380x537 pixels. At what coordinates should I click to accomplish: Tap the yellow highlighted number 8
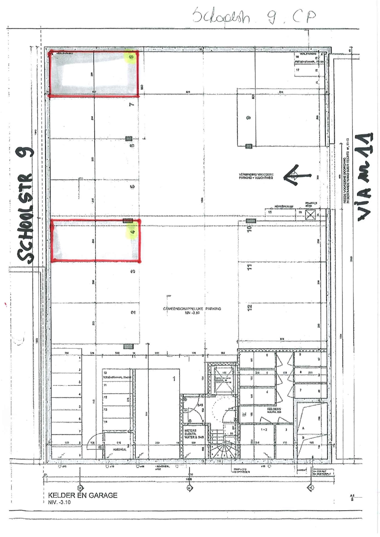pyautogui.click(x=131, y=57)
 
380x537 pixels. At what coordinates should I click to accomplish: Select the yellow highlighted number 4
pyautogui.click(x=132, y=232)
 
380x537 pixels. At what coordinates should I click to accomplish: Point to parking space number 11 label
pyautogui.click(x=249, y=268)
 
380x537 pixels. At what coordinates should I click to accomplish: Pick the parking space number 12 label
pyautogui.click(x=249, y=307)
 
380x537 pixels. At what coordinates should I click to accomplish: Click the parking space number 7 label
pyautogui.click(x=131, y=105)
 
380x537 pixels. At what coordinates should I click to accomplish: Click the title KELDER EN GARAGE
pyautogui.click(x=82, y=496)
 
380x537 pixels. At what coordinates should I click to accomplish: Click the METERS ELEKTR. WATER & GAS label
pyautogui.click(x=194, y=434)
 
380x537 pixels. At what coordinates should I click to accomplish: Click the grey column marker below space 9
pyautogui.click(x=249, y=145)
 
